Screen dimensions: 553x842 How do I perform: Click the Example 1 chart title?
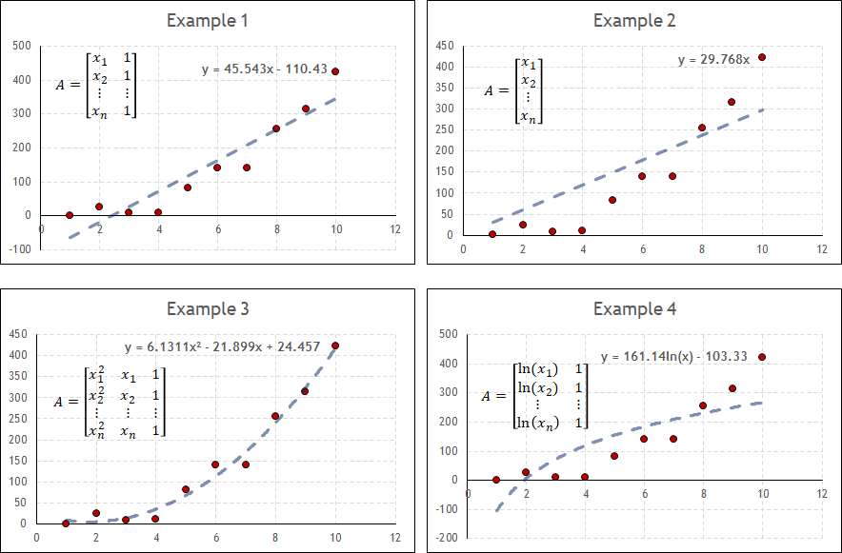click(x=209, y=20)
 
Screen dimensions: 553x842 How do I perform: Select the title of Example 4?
click(x=628, y=309)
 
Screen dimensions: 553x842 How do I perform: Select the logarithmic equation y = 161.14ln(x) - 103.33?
click(x=672, y=357)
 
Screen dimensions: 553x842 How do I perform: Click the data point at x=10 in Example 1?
click(x=335, y=71)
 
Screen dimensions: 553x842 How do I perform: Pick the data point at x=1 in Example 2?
click(x=492, y=234)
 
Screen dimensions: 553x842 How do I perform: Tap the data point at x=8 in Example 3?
click(x=275, y=416)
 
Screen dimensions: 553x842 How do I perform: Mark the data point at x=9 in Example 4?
click(x=732, y=388)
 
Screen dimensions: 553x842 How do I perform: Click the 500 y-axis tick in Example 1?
click(x=21, y=46)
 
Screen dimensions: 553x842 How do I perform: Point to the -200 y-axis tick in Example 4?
click(x=446, y=538)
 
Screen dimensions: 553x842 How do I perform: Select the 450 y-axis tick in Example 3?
click(x=16, y=334)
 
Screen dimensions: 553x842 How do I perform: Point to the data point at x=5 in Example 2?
click(x=612, y=200)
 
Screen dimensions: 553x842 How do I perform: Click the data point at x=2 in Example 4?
click(x=526, y=472)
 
